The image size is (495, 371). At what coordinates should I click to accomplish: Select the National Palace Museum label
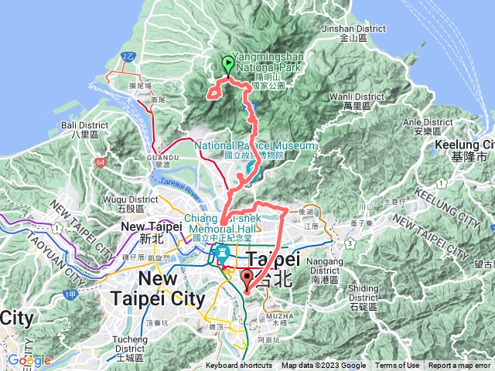pos(255,150)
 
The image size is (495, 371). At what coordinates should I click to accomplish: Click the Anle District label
pos(427,126)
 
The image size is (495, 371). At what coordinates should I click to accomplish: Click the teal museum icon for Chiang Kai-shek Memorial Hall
pos(223,253)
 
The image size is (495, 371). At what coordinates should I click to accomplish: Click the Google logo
pos(29,360)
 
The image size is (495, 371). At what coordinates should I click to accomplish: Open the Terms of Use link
pos(398,366)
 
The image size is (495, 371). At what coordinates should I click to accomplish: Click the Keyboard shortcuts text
pos(239,366)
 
